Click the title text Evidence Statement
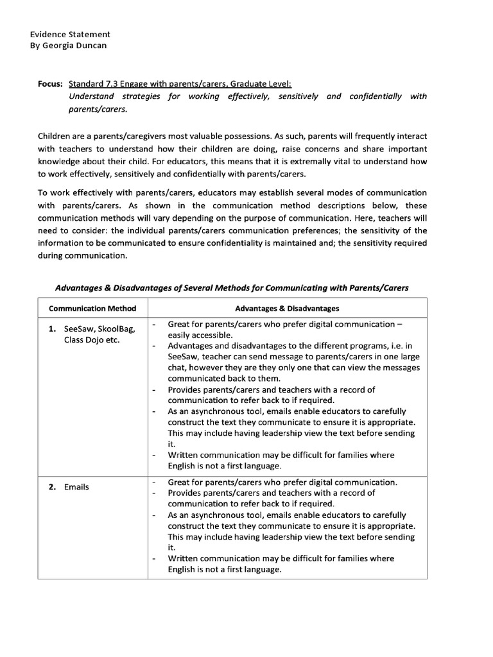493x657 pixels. click(70, 34)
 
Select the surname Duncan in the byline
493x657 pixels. click(94, 46)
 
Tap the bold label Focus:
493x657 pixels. click(50, 84)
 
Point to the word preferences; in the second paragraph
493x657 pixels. click(305, 230)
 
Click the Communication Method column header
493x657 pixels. click(92, 309)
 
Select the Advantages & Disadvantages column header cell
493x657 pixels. click(287, 309)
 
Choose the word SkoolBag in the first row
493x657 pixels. click(116, 329)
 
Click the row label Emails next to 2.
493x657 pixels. click(76, 487)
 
